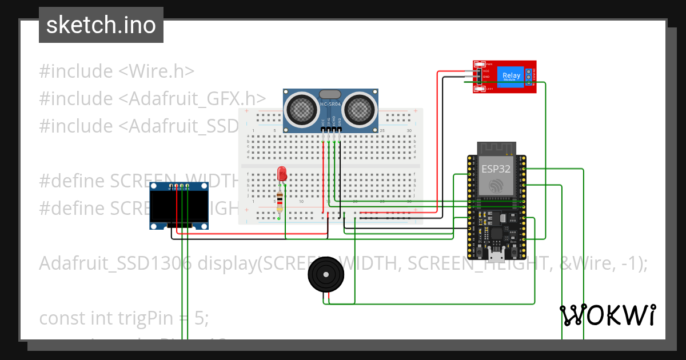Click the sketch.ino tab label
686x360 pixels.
tap(101, 25)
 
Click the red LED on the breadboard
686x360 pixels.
tap(281, 174)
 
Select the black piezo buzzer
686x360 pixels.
tap(326, 275)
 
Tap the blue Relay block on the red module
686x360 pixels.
tap(512, 76)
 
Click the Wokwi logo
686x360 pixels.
tap(608, 315)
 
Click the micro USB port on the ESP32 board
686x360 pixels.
tap(495, 251)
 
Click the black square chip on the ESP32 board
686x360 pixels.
tap(495, 233)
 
